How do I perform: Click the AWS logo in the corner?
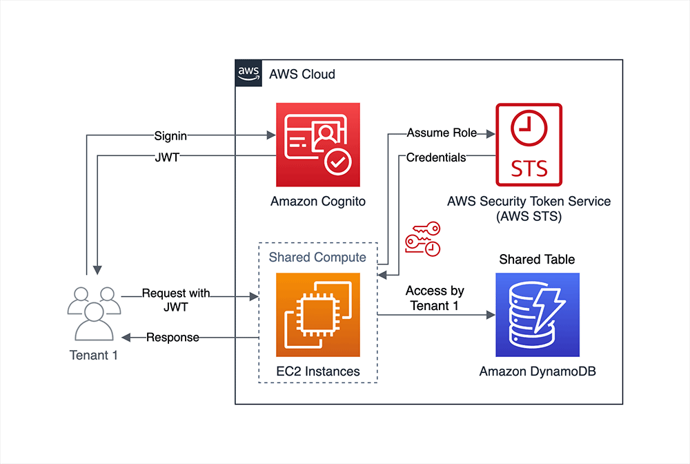(x=248, y=72)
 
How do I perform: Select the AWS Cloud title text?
(x=302, y=74)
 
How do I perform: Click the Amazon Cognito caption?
(x=317, y=202)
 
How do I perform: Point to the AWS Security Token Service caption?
(x=529, y=209)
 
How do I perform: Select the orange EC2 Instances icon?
(x=317, y=315)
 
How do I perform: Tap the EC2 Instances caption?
(x=317, y=371)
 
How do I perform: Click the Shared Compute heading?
(x=317, y=258)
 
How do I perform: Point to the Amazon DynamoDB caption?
(x=538, y=371)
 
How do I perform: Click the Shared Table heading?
(x=537, y=260)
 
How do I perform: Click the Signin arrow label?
(x=171, y=135)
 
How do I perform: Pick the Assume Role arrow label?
(x=437, y=133)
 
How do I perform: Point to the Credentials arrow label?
(x=436, y=157)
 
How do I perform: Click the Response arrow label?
(x=172, y=338)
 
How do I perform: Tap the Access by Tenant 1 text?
(x=435, y=298)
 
